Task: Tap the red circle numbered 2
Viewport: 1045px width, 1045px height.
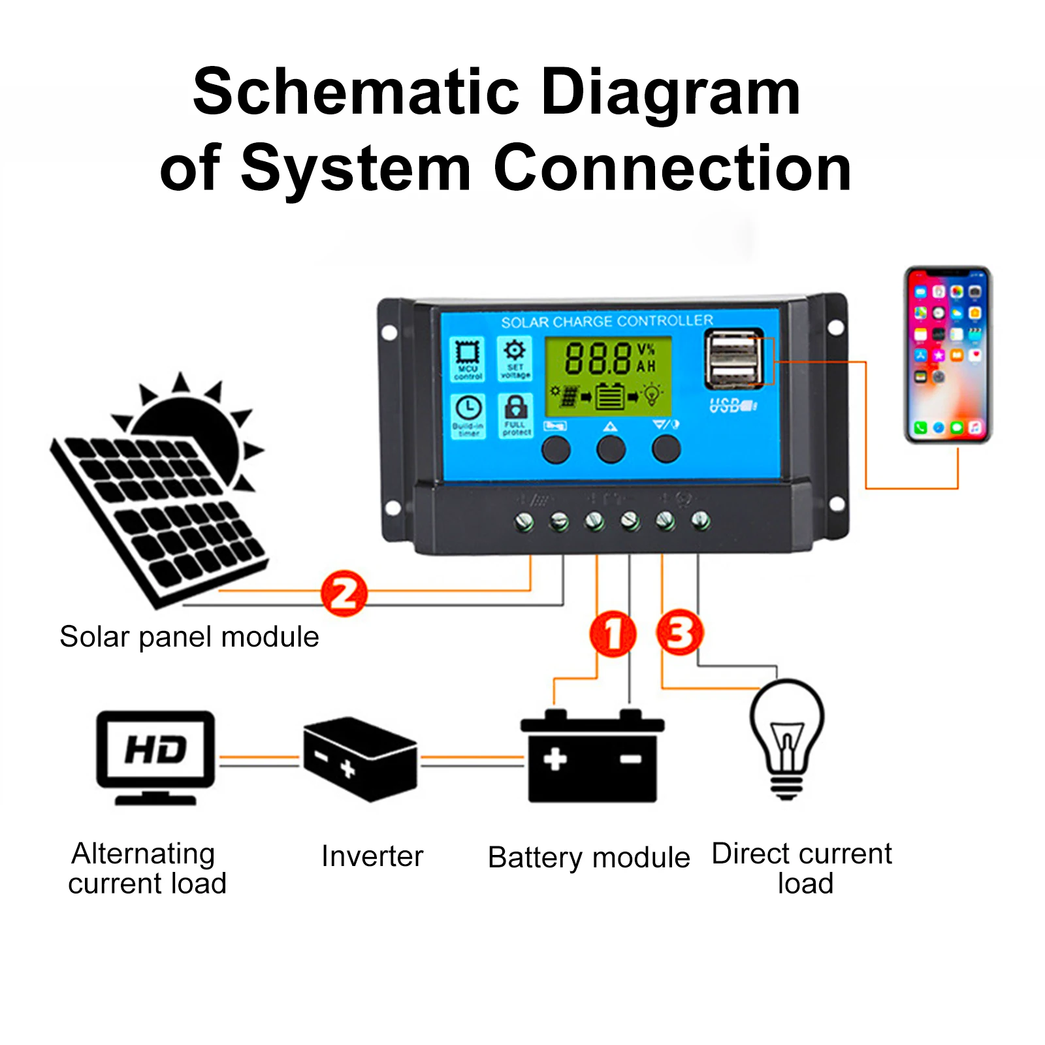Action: coord(344,593)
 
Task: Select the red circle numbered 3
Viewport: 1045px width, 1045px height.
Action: coord(679,632)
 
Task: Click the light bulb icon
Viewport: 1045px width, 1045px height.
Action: coord(786,738)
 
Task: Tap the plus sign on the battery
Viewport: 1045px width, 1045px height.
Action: coord(555,759)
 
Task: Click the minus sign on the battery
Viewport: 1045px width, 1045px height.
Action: coord(631,759)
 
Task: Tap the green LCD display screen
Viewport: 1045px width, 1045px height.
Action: coord(609,376)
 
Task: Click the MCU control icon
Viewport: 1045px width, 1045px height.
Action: coord(468,358)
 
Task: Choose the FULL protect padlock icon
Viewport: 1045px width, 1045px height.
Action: coord(516,415)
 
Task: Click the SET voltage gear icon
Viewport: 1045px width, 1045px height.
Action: coord(515,357)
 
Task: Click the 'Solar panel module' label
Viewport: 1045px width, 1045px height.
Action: coord(189,637)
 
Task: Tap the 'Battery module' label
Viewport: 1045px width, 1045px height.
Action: coord(588,858)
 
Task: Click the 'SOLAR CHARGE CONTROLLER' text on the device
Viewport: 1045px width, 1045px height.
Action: coord(607,321)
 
